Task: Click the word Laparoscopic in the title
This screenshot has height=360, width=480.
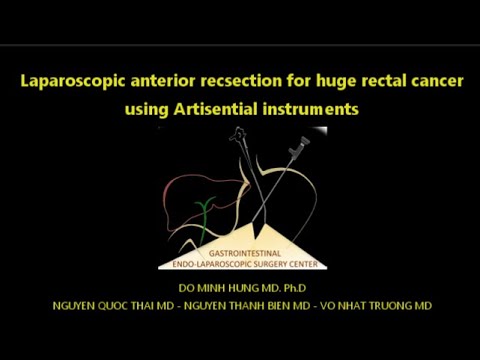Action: (x=72, y=79)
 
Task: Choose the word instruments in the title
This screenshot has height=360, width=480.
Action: (x=309, y=109)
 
